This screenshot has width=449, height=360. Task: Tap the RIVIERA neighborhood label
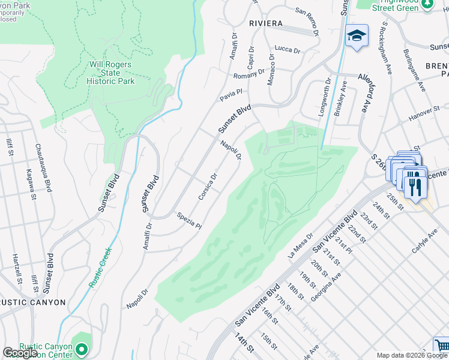tap(265, 23)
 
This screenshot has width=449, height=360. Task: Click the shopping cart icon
tap(442, 346)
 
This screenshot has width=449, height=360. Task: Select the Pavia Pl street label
tap(231, 92)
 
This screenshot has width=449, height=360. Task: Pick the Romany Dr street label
tap(249, 76)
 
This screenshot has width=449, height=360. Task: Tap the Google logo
tap(20, 353)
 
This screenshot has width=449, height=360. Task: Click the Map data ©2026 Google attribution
tap(412, 355)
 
